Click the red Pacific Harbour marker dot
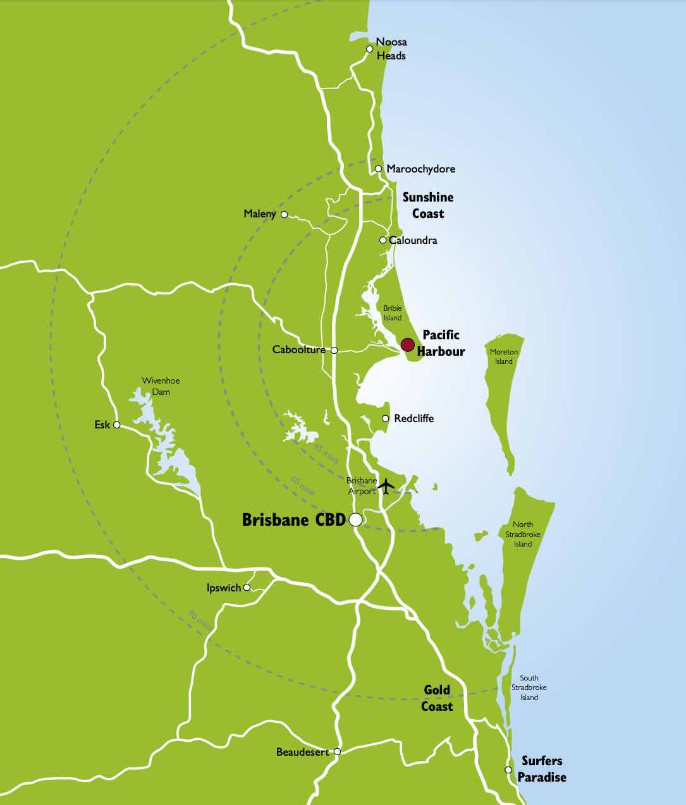[408, 344]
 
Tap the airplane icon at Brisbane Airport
[386, 486]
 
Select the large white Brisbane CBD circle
[355, 519]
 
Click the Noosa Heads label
[391, 49]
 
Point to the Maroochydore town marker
[378, 169]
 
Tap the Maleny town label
[260, 214]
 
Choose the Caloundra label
[413, 240]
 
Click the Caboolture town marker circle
[334, 350]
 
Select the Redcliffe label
[413, 418]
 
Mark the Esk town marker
[116, 425]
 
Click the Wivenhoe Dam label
[161, 386]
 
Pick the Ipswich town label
[224, 588]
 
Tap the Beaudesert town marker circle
[338, 752]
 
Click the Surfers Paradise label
[542, 769]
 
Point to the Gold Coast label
[438, 698]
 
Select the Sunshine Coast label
[428, 205]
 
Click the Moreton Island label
[504, 356]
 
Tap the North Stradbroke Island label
[523, 534]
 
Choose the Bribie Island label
[393, 313]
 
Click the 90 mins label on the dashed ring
[200, 619]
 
